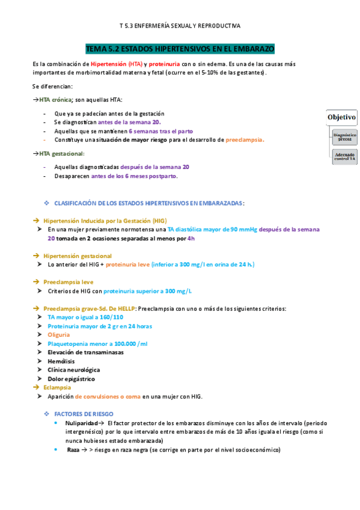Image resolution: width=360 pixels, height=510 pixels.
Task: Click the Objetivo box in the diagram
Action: point(341,117)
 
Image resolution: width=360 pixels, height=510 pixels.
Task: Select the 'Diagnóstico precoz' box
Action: point(344,138)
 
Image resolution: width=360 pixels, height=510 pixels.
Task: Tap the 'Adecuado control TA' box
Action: point(344,156)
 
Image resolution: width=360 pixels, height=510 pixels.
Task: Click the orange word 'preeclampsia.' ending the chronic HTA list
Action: point(245,140)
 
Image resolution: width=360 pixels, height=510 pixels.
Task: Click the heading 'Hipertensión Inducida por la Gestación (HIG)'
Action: point(100,221)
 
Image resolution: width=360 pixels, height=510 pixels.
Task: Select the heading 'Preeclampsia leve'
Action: point(68,281)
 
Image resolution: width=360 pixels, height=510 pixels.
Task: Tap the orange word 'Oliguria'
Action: point(58,334)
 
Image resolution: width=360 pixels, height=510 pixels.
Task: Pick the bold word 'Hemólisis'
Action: point(62,361)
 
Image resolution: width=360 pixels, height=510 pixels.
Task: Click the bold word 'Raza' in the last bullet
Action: point(73,449)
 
